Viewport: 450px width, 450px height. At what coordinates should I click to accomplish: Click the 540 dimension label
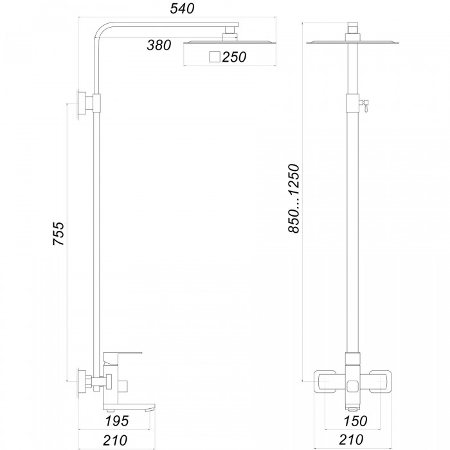182,8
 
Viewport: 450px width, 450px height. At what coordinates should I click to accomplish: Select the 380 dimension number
159,45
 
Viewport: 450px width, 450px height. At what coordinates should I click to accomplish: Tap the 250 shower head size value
234,57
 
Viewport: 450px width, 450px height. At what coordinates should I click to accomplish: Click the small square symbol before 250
215,57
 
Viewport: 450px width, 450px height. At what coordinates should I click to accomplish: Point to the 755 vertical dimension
59,233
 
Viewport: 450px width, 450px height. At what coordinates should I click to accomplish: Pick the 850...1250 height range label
294,199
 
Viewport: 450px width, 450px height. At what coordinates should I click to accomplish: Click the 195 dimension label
117,421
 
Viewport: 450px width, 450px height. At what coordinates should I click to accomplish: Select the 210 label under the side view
115,440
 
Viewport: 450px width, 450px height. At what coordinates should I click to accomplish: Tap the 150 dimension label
355,421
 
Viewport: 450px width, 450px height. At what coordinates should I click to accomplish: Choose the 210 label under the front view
351,439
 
